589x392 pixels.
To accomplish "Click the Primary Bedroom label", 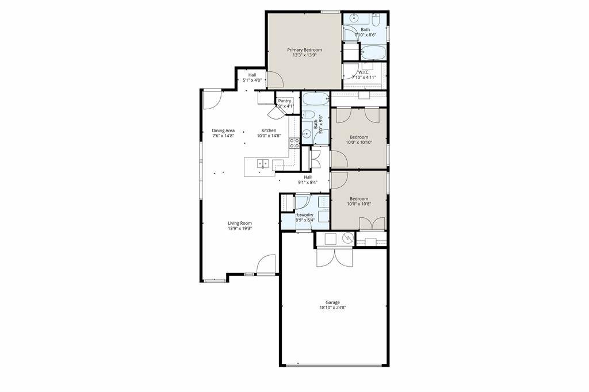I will click(304, 50).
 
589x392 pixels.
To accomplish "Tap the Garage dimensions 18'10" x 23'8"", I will click(332, 308).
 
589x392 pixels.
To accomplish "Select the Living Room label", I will click(239, 223).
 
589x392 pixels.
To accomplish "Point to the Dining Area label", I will click(223, 130).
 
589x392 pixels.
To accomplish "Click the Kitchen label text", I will click(269, 130).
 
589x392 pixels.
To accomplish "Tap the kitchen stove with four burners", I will click(294, 143).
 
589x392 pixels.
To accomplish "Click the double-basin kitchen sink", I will click(262, 163).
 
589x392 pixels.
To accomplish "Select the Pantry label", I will click(285, 101).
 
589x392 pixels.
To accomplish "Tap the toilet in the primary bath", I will click(376, 21).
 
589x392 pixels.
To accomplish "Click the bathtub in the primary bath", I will click(374, 53).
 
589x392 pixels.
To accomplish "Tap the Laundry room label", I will click(305, 215).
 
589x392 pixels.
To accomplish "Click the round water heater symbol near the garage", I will click(347, 238).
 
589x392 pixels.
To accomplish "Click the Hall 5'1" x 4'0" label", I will click(252, 78).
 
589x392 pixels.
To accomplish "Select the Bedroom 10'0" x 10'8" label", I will click(358, 202).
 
